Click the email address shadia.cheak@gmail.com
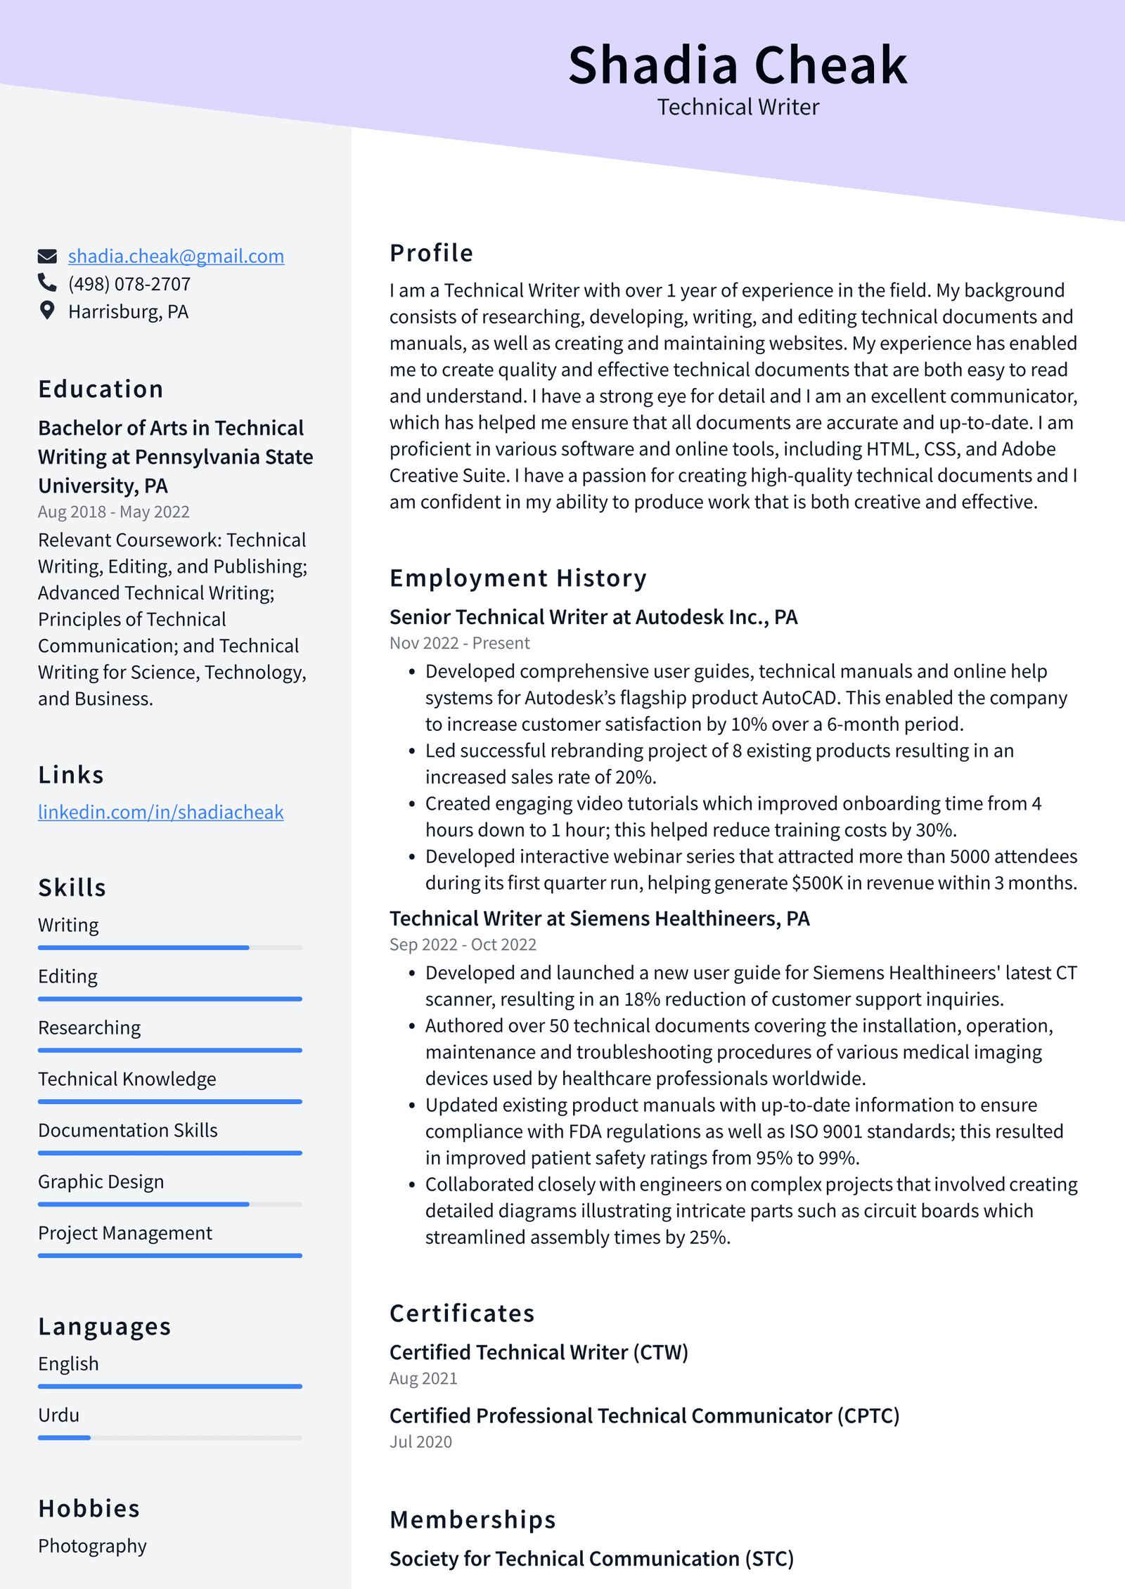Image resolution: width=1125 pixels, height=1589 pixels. pos(176,257)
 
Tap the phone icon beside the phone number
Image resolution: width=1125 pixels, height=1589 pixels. pos(47,283)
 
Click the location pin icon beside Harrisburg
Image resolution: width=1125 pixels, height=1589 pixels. pos(47,311)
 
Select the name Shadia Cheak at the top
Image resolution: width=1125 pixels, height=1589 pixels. pos(738,65)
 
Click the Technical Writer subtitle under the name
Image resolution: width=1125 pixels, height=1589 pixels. pos(738,108)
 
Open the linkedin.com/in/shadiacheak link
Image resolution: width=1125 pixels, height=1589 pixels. pos(160,812)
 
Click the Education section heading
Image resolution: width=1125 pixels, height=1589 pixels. pos(101,389)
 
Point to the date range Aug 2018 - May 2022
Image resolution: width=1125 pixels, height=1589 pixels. pos(113,512)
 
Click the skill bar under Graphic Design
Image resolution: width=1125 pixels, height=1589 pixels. pos(169,1205)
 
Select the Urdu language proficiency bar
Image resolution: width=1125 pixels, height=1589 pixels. pos(169,1438)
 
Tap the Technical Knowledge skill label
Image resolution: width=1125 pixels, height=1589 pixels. pos(127,1079)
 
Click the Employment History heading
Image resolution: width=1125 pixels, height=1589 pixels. pos(517,578)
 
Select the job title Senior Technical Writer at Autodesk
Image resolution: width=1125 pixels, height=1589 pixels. pos(593,617)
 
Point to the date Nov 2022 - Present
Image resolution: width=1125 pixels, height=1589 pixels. pos(459,643)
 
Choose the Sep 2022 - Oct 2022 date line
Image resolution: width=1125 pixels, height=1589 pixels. pos(463,945)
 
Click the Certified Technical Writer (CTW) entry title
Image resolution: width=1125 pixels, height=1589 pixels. pos(539,1353)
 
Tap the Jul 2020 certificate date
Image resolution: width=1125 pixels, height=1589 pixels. pos(420,1442)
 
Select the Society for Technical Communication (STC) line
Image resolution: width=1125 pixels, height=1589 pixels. pos(591,1559)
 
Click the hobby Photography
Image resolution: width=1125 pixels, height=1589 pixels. pos(92,1546)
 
